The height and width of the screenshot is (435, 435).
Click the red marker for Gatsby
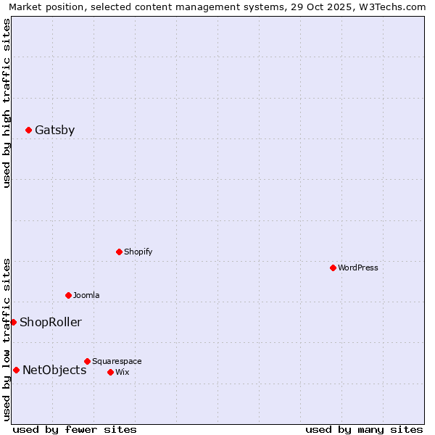tap(28, 130)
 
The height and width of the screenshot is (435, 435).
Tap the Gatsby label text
tap(54, 130)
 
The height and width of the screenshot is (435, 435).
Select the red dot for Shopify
tap(119, 252)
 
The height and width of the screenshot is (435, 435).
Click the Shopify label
tap(138, 252)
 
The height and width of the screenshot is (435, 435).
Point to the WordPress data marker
tap(333, 268)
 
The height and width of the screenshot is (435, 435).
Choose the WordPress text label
tap(357, 268)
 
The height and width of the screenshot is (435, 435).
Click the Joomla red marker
tap(68, 296)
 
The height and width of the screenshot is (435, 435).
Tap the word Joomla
tap(86, 296)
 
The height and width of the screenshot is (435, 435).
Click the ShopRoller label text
tap(50, 323)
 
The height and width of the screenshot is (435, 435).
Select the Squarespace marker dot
tap(87, 361)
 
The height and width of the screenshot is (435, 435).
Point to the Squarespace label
tap(117, 361)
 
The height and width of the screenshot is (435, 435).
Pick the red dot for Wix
tap(110, 373)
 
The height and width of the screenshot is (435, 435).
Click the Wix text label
tap(122, 373)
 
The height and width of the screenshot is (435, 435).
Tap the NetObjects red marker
tap(16, 370)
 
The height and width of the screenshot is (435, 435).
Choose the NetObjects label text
tap(54, 370)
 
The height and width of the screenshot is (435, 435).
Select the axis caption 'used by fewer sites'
tap(75, 430)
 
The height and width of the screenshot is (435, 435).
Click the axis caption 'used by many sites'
tap(364, 430)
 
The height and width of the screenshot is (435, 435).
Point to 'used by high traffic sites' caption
tap(7, 103)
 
